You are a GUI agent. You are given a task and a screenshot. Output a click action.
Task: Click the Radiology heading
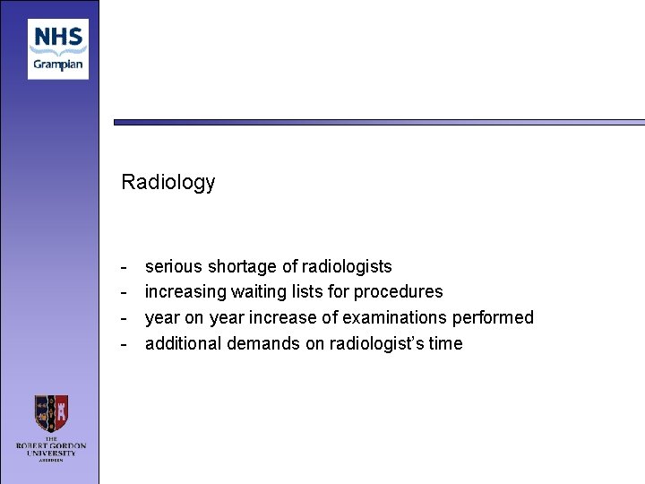(x=168, y=182)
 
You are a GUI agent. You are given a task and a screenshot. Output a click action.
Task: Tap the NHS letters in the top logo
(x=58, y=38)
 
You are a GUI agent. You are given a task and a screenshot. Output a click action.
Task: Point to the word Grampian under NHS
(x=58, y=64)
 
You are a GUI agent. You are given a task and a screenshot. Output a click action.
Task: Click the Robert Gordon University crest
(x=50, y=414)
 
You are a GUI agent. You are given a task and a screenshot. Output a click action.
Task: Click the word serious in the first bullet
(x=174, y=266)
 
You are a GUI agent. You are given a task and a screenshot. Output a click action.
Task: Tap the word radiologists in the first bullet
(x=347, y=266)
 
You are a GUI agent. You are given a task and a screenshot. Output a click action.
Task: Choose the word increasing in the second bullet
(x=184, y=291)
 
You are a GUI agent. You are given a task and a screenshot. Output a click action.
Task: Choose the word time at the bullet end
(x=446, y=343)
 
